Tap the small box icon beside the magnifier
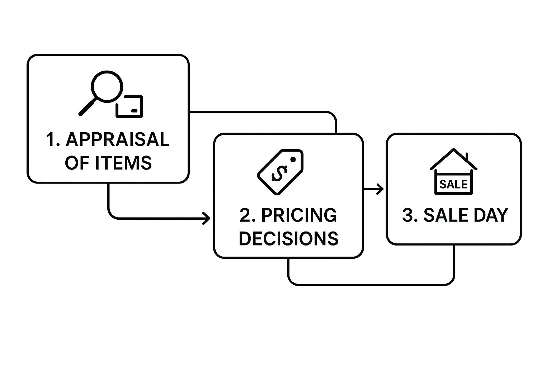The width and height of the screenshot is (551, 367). click(129, 106)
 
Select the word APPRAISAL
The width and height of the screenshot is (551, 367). click(118, 139)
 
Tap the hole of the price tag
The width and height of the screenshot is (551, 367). click(293, 159)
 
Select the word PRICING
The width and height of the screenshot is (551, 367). click(299, 215)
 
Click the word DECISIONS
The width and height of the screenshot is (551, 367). click(288, 238)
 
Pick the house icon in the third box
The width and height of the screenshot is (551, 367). click(453, 172)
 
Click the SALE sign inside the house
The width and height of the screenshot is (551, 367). click(453, 184)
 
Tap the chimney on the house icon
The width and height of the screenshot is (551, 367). click(467, 157)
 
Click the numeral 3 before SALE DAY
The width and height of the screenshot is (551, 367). click(408, 215)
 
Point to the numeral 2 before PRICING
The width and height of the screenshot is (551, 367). click(245, 215)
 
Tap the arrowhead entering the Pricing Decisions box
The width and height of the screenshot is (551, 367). click(207, 218)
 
